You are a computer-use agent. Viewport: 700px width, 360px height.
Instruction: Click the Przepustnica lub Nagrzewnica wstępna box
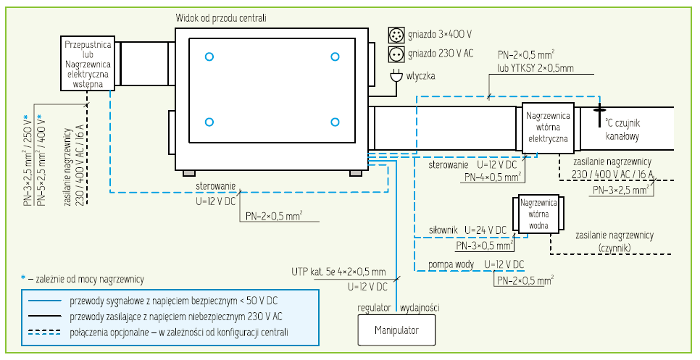[x=87, y=63]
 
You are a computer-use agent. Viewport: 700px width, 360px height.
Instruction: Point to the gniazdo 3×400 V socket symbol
[x=396, y=35]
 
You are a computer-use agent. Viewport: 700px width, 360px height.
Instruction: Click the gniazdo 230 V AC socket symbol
[x=396, y=54]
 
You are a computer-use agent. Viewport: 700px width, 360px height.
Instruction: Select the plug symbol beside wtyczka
[x=396, y=75]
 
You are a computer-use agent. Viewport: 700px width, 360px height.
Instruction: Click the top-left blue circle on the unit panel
[x=209, y=56]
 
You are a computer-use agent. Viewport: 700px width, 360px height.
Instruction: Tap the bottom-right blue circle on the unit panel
[x=335, y=122]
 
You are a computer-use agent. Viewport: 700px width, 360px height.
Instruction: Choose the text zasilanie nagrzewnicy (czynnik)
[x=614, y=241]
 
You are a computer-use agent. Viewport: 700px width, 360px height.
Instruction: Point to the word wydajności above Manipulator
[x=420, y=308]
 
